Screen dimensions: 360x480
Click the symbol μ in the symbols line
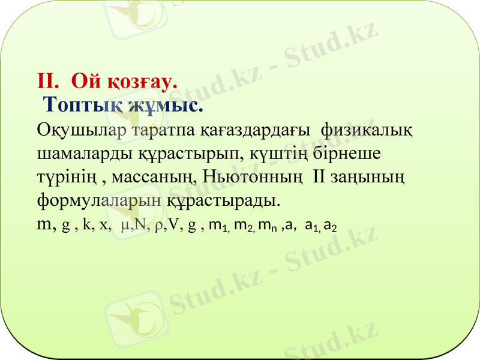click(x=124, y=226)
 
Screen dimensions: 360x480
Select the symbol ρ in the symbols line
click(x=158, y=226)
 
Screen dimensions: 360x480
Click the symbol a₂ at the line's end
click(x=330, y=226)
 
